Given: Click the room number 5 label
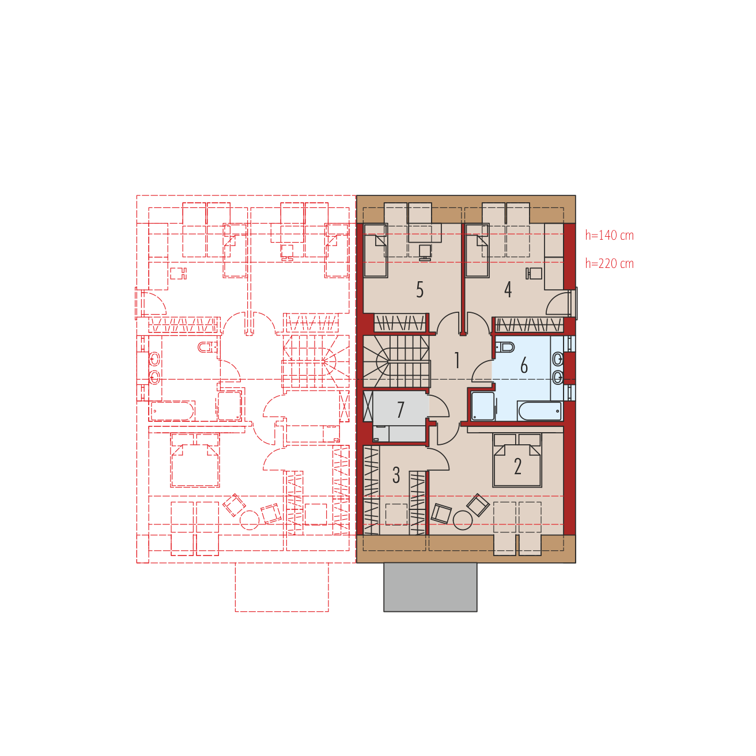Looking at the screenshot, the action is point(419,290).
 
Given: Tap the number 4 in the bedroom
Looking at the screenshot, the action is point(508,290).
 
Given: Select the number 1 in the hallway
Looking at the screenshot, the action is point(457,360).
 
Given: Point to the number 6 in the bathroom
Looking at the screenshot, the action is point(524,365).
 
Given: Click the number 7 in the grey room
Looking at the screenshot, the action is point(400,410).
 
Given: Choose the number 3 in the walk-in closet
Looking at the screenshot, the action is point(396,475).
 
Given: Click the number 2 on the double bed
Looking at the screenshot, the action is point(517,467).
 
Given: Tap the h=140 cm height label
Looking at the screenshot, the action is point(609,236).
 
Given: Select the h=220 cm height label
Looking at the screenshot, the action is point(609,263).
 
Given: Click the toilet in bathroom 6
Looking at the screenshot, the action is point(505,347).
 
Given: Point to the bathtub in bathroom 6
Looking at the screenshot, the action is point(540,411).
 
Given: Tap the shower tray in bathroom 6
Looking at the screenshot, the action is point(482,406).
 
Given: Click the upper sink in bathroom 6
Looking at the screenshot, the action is point(557,358).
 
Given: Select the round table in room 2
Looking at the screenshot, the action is point(463,520).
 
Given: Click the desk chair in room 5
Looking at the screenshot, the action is point(425,252).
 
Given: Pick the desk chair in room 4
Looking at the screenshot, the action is point(534,274).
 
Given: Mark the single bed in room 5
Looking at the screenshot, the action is point(376,251).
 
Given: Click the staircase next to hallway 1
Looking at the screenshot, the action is point(396,361).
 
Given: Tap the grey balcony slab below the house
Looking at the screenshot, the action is point(430,587).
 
